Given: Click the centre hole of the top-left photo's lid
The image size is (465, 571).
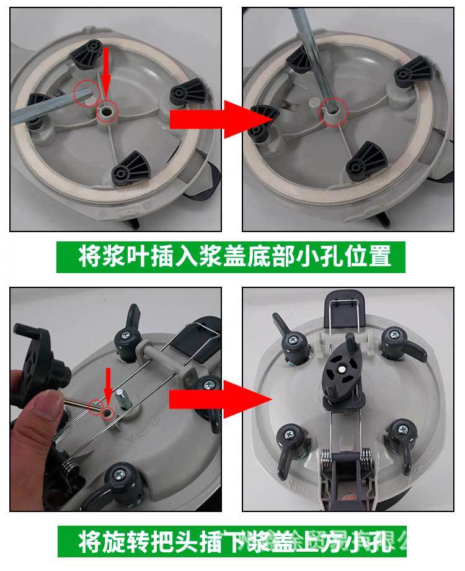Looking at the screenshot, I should coord(107,110).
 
